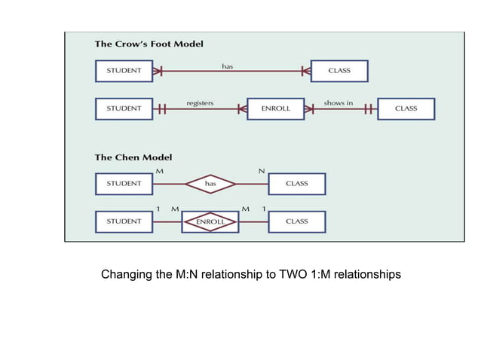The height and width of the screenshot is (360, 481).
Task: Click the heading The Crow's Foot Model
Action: (x=149, y=44)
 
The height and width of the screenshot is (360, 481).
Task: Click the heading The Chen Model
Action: (x=133, y=157)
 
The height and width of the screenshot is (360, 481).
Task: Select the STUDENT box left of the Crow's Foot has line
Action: (x=124, y=71)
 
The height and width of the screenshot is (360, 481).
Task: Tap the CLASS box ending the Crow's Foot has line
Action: (x=339, y=71)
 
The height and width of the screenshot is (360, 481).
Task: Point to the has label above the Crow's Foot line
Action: (x=228, y=66)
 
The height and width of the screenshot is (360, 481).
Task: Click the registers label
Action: (x=200, y=103)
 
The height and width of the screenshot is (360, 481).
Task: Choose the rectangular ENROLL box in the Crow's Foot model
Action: (x=276, y=108)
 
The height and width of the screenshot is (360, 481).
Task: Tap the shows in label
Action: (x=339, y=103)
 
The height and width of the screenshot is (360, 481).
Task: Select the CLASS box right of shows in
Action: (x=406, y=108)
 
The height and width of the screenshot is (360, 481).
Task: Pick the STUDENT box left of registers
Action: (x=124, y=108)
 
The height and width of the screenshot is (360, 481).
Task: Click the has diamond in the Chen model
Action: (x=211, y=184)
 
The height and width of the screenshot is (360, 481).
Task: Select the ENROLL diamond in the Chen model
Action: (x=210, y=221)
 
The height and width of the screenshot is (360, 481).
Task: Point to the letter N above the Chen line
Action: (x=262, y=172)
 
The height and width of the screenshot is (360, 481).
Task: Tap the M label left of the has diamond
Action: (x=159, y=172)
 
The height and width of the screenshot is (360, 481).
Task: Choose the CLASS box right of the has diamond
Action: (x=296, y=184)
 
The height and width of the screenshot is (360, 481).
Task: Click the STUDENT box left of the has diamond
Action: (x=124, y=184)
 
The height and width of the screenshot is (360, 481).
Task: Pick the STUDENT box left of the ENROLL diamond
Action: (x=124, y=221)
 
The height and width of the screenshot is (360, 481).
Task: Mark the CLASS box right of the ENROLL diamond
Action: (x=296, y=221)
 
